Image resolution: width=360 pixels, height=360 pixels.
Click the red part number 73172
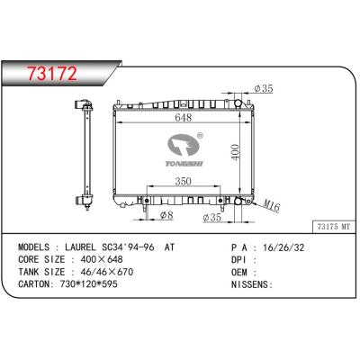[x=52, y=73]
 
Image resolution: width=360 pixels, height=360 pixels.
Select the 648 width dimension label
[x=184, y=117]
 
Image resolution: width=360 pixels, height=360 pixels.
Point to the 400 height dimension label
[x=236, y=152]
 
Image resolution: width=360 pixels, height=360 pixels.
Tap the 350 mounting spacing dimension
[x=183, y=181]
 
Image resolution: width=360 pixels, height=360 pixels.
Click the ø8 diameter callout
[x=166, y=215]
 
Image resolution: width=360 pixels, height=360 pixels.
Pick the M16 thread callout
[x=272, y=206]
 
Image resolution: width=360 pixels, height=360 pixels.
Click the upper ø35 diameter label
[x=264, y=88]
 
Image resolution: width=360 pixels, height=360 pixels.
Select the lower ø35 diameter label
[x=211, y=217]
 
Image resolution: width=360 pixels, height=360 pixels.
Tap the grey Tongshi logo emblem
[x=184, y=145]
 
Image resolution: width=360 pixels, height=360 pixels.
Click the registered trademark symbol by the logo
[x=200, y=136]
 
